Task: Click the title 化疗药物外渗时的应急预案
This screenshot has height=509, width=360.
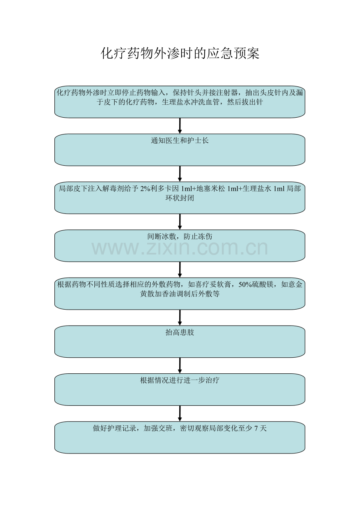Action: (180, 54)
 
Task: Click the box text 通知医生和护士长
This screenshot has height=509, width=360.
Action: (180, 141)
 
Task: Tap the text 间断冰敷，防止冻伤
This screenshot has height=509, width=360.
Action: (180, 237)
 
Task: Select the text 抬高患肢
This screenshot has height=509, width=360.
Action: (180, 332)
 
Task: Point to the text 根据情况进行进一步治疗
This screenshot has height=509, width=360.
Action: (180, 380)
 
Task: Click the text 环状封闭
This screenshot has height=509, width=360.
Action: (180, 198)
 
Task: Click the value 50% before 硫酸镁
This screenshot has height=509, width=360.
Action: (245, 285)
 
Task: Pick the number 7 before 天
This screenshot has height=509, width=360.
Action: (256, 428)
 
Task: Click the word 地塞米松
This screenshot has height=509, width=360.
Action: (211, 188)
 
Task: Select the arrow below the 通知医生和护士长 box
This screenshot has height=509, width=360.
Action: (180, 174)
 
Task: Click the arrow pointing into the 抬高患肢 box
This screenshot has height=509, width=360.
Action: (180, 317)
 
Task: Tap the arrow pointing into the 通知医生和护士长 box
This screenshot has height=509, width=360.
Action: (180, 125)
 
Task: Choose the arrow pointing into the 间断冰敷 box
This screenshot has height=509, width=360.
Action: (180, 222)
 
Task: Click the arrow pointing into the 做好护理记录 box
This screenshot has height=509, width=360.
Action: (180, 413)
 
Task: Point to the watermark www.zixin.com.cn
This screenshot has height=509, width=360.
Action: (180, 248)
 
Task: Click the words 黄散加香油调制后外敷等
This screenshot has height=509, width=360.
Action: (180, 294)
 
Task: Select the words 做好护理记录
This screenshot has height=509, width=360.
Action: (114, 428)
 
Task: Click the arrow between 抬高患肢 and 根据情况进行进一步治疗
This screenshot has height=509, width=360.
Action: (180, 366)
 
